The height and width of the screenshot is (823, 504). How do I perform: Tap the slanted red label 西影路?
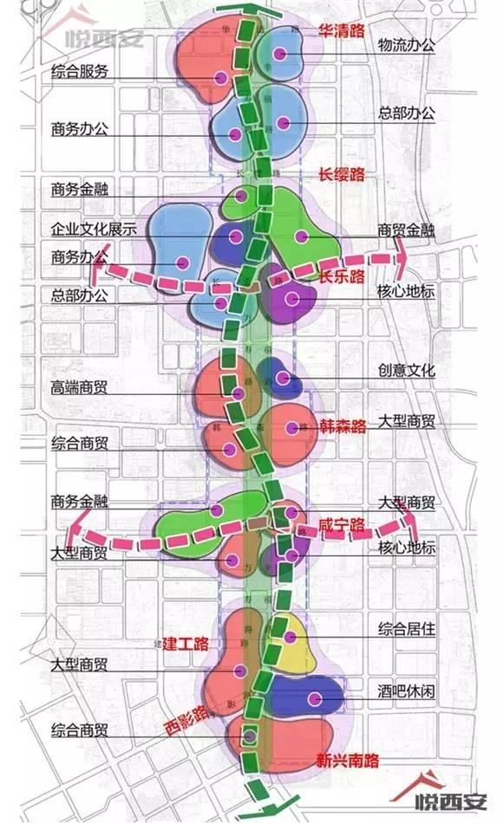[x=188, y=716]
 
